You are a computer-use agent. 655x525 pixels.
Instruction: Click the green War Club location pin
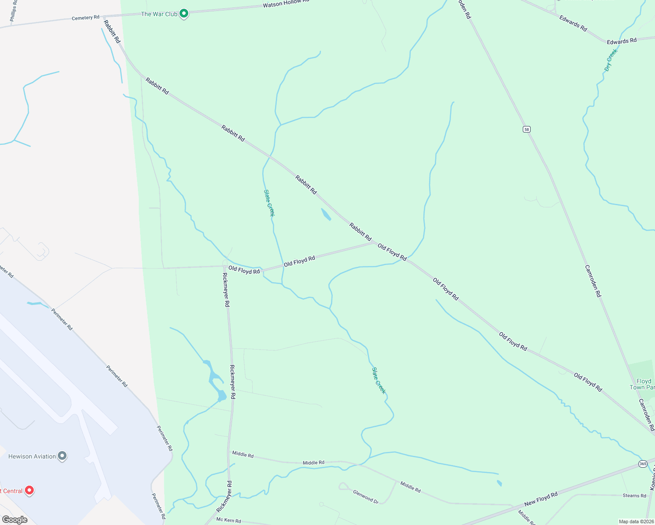tap(184, 14)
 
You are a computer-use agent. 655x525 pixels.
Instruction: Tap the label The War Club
tap(159, 14)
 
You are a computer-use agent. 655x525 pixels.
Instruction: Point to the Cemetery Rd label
tap(85, 18)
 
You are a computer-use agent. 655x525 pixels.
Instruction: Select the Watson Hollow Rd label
tap(285, 3)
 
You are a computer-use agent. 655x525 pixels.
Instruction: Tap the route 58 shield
tap(526, 129)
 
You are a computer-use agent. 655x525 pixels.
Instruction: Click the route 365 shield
tap(642, 464)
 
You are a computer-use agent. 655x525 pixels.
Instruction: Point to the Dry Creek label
tap(611, 60)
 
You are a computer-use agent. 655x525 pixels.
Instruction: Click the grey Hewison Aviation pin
tap(62, 456)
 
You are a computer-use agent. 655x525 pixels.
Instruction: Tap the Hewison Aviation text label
tap(32, 456)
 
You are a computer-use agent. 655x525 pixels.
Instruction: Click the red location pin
tap(29, 490)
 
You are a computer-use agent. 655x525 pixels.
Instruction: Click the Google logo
tap(14, 520)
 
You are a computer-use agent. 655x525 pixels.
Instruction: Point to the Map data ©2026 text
tap(635, 521)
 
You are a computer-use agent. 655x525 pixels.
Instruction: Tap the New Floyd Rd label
tap(541, 499)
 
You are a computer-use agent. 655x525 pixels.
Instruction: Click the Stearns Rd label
tap(634, 496)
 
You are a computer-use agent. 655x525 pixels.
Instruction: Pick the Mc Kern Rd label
tap(229, 520)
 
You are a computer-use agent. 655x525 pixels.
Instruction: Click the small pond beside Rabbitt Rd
tap(326, 214)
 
